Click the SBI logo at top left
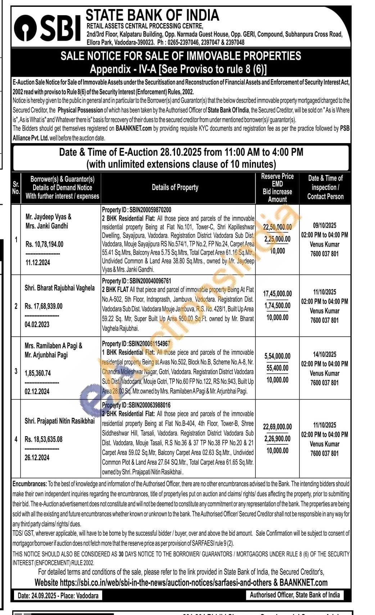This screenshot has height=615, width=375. pos(47,28)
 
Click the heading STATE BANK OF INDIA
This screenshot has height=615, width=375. pos(152,15)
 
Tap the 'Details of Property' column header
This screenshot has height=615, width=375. pos(175,187)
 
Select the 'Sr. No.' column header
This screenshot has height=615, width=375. pos(16,188)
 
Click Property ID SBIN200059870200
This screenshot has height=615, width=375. pos(136,210)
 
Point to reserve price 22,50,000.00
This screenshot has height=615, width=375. pos(277,227)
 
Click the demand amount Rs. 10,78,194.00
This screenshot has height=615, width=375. pos(44,244)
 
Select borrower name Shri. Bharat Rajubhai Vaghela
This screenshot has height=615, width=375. pos(60,288)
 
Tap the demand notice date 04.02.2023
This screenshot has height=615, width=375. pos(37,324)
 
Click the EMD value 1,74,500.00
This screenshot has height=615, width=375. pos(277,306)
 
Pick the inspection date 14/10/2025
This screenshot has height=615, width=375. pos(325,354)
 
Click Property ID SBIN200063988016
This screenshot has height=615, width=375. pos(136,405)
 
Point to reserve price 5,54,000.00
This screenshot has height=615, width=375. pos(277,356)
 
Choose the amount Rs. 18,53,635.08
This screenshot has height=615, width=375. pos(44,439)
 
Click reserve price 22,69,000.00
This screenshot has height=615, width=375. pos(277,427)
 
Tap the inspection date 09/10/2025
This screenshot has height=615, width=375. pos(325,226)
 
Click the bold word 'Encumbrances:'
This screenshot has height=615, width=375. pos(30,484)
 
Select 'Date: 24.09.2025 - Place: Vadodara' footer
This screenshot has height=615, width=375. pos(58,596)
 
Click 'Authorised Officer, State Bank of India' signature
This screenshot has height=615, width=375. pos(295,595)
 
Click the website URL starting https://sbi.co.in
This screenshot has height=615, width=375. pos(165,583)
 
